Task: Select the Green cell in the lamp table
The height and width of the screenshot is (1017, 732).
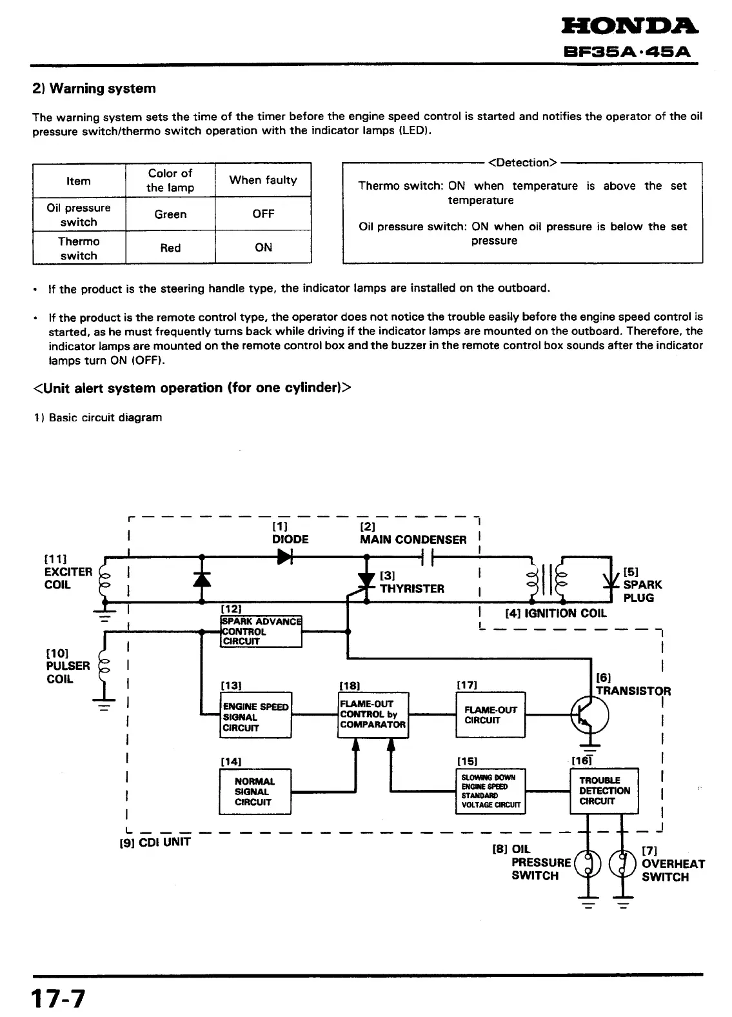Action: (x=170, y=214)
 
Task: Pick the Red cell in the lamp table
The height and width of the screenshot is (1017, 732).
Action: (x=170, y=248)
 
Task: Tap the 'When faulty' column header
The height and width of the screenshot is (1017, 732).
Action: (x=263, y=180)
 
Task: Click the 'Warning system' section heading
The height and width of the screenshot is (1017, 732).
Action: (x=94, y=88)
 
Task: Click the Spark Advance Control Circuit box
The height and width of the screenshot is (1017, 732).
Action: (x=261, y=631)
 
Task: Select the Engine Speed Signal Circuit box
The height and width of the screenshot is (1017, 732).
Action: (x=255, y=716)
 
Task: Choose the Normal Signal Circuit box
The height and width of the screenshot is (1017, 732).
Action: (x=255, y=791)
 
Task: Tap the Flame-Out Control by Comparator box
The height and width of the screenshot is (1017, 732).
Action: (x=373, y=714)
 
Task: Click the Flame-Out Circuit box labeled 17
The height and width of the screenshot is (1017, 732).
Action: (x=490, y=714)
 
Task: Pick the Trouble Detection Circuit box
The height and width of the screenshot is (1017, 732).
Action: (x=604, y=790)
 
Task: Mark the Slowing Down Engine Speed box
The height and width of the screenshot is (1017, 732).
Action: (x=490, y=791)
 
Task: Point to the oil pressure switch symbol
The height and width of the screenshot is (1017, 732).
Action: (x=588, y=863)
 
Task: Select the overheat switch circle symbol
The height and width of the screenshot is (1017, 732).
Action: (x=623, y=863)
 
